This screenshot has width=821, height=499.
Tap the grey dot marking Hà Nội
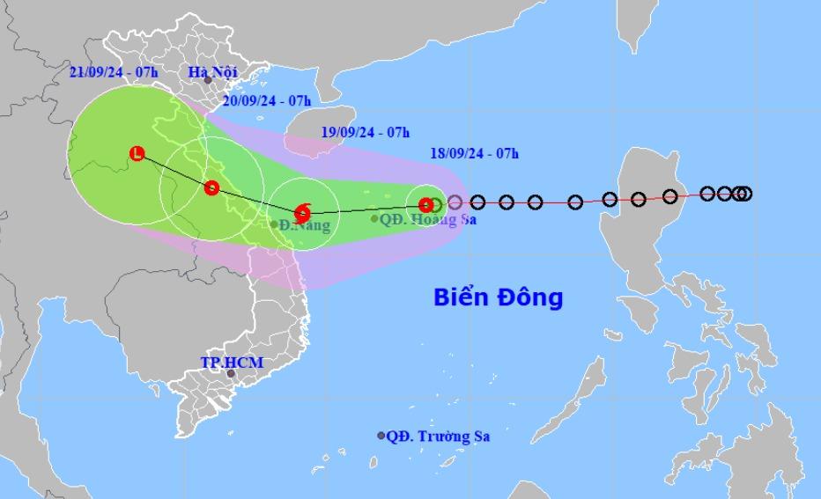[x=208, y=80]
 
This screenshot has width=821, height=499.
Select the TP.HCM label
[x=232, y=362]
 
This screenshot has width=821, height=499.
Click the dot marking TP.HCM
[x=231, y=374]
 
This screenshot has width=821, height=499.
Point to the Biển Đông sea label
[x=498, y=297]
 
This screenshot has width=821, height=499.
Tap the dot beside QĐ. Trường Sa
[x=381, y=436]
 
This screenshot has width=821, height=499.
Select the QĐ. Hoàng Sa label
[x=428, y=219]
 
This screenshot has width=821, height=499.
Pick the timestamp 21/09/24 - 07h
[x=114, y=72]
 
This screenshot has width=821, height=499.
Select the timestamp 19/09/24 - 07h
[x=366, y=132]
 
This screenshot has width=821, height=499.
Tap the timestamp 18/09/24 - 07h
[x=474, y=153]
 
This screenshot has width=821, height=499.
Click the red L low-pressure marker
[x=137, y=154]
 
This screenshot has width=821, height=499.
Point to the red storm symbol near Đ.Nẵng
[x=302, y=212]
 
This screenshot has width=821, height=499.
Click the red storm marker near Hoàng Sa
[x=426, y=205]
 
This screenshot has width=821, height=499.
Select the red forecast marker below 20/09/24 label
[x=211, y=187]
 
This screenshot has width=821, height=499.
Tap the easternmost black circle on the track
[x=744, y=194]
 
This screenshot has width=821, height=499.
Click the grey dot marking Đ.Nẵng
[x=274, y=225]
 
